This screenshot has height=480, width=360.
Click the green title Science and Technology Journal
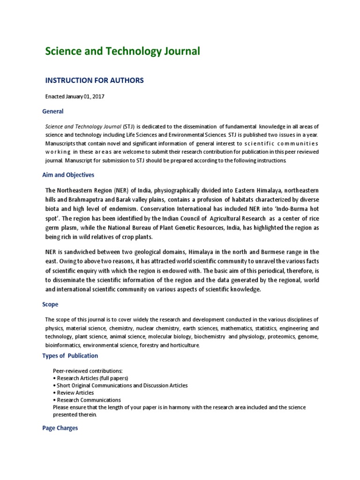122,51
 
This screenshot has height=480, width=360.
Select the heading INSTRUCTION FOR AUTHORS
94,80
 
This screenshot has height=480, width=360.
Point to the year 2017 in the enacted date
98,97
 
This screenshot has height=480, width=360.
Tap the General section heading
52,112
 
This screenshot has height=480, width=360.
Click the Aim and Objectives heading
68,175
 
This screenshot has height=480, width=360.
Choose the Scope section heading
50,304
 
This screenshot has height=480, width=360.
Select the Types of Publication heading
70,355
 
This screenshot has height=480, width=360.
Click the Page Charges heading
60,428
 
